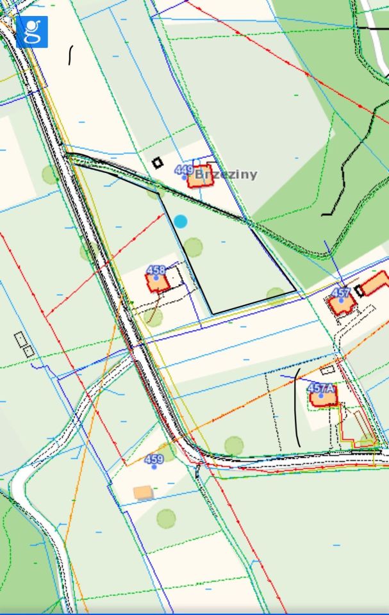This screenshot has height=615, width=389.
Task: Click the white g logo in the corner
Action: click(31, 31)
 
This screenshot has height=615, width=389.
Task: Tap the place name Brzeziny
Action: click(226, 174)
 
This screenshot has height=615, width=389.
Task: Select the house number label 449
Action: click(183, 170)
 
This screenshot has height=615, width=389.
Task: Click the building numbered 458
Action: click(158, 282)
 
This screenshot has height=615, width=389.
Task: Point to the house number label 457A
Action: click(321, 388)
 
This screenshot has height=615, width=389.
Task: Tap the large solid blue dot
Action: click(181, 221)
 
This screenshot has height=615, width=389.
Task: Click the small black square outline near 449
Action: click(157, 163)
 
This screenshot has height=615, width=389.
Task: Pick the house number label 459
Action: click(154, 459)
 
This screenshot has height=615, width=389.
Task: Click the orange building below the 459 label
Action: click(144, 492)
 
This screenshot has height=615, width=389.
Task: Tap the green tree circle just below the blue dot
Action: click(192, 246)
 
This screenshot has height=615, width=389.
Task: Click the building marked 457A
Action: click(323, 398)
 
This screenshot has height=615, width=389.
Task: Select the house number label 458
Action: click(156, 270)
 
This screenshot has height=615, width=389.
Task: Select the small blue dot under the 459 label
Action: click(154, 466)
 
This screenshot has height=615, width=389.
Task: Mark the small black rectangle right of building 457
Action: click(360, 291)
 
